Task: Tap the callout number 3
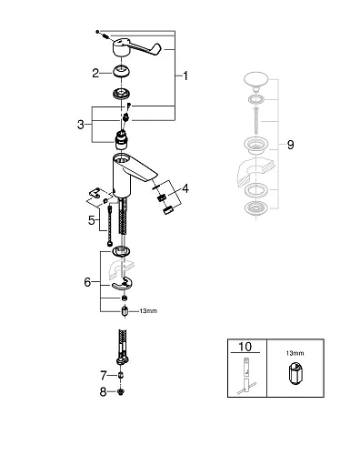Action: pyautogui.click(x=82, y=124)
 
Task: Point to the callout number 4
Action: pyautogui.click(x=185, y=188)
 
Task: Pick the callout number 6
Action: pyautogui.click(x=87, y=282)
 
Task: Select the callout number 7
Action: pyautogui.click(x=103, y=374)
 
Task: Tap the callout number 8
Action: pyautogui.click(x=103, y=392)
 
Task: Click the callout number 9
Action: pyautogui.click(x=290, y=144)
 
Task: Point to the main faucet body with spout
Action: pyautogui.click(x=131, y=173)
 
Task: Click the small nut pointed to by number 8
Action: pyautogui.click(x=122, y=392)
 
